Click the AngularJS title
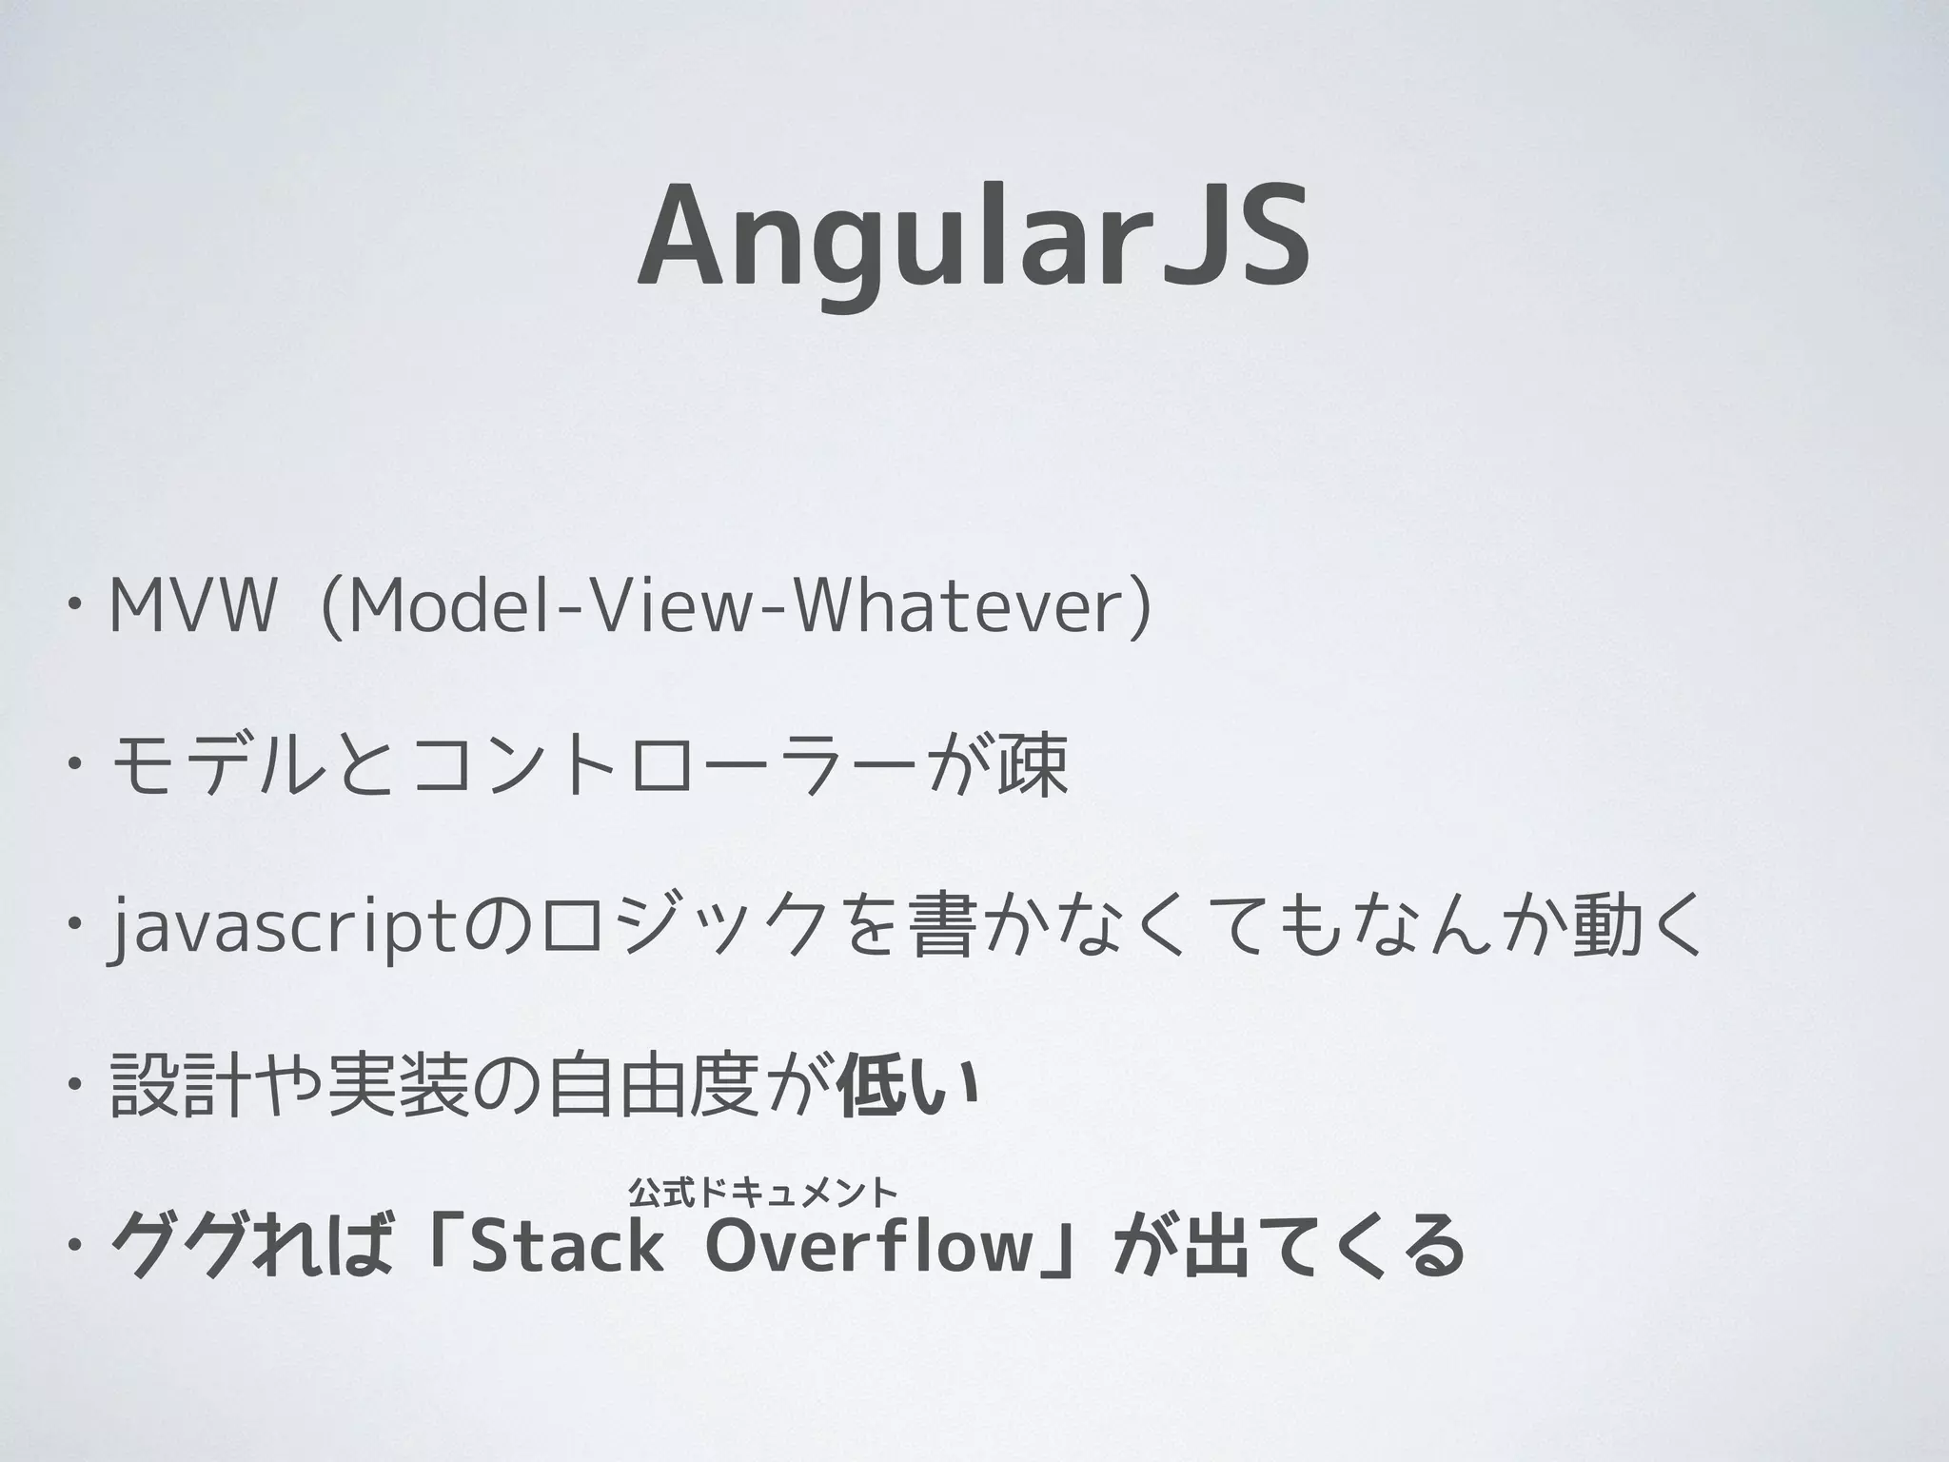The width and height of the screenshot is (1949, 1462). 973,238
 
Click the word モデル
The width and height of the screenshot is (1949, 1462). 218,767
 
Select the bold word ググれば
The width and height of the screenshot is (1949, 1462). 252,1247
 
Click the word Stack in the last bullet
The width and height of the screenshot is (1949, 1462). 567,1247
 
